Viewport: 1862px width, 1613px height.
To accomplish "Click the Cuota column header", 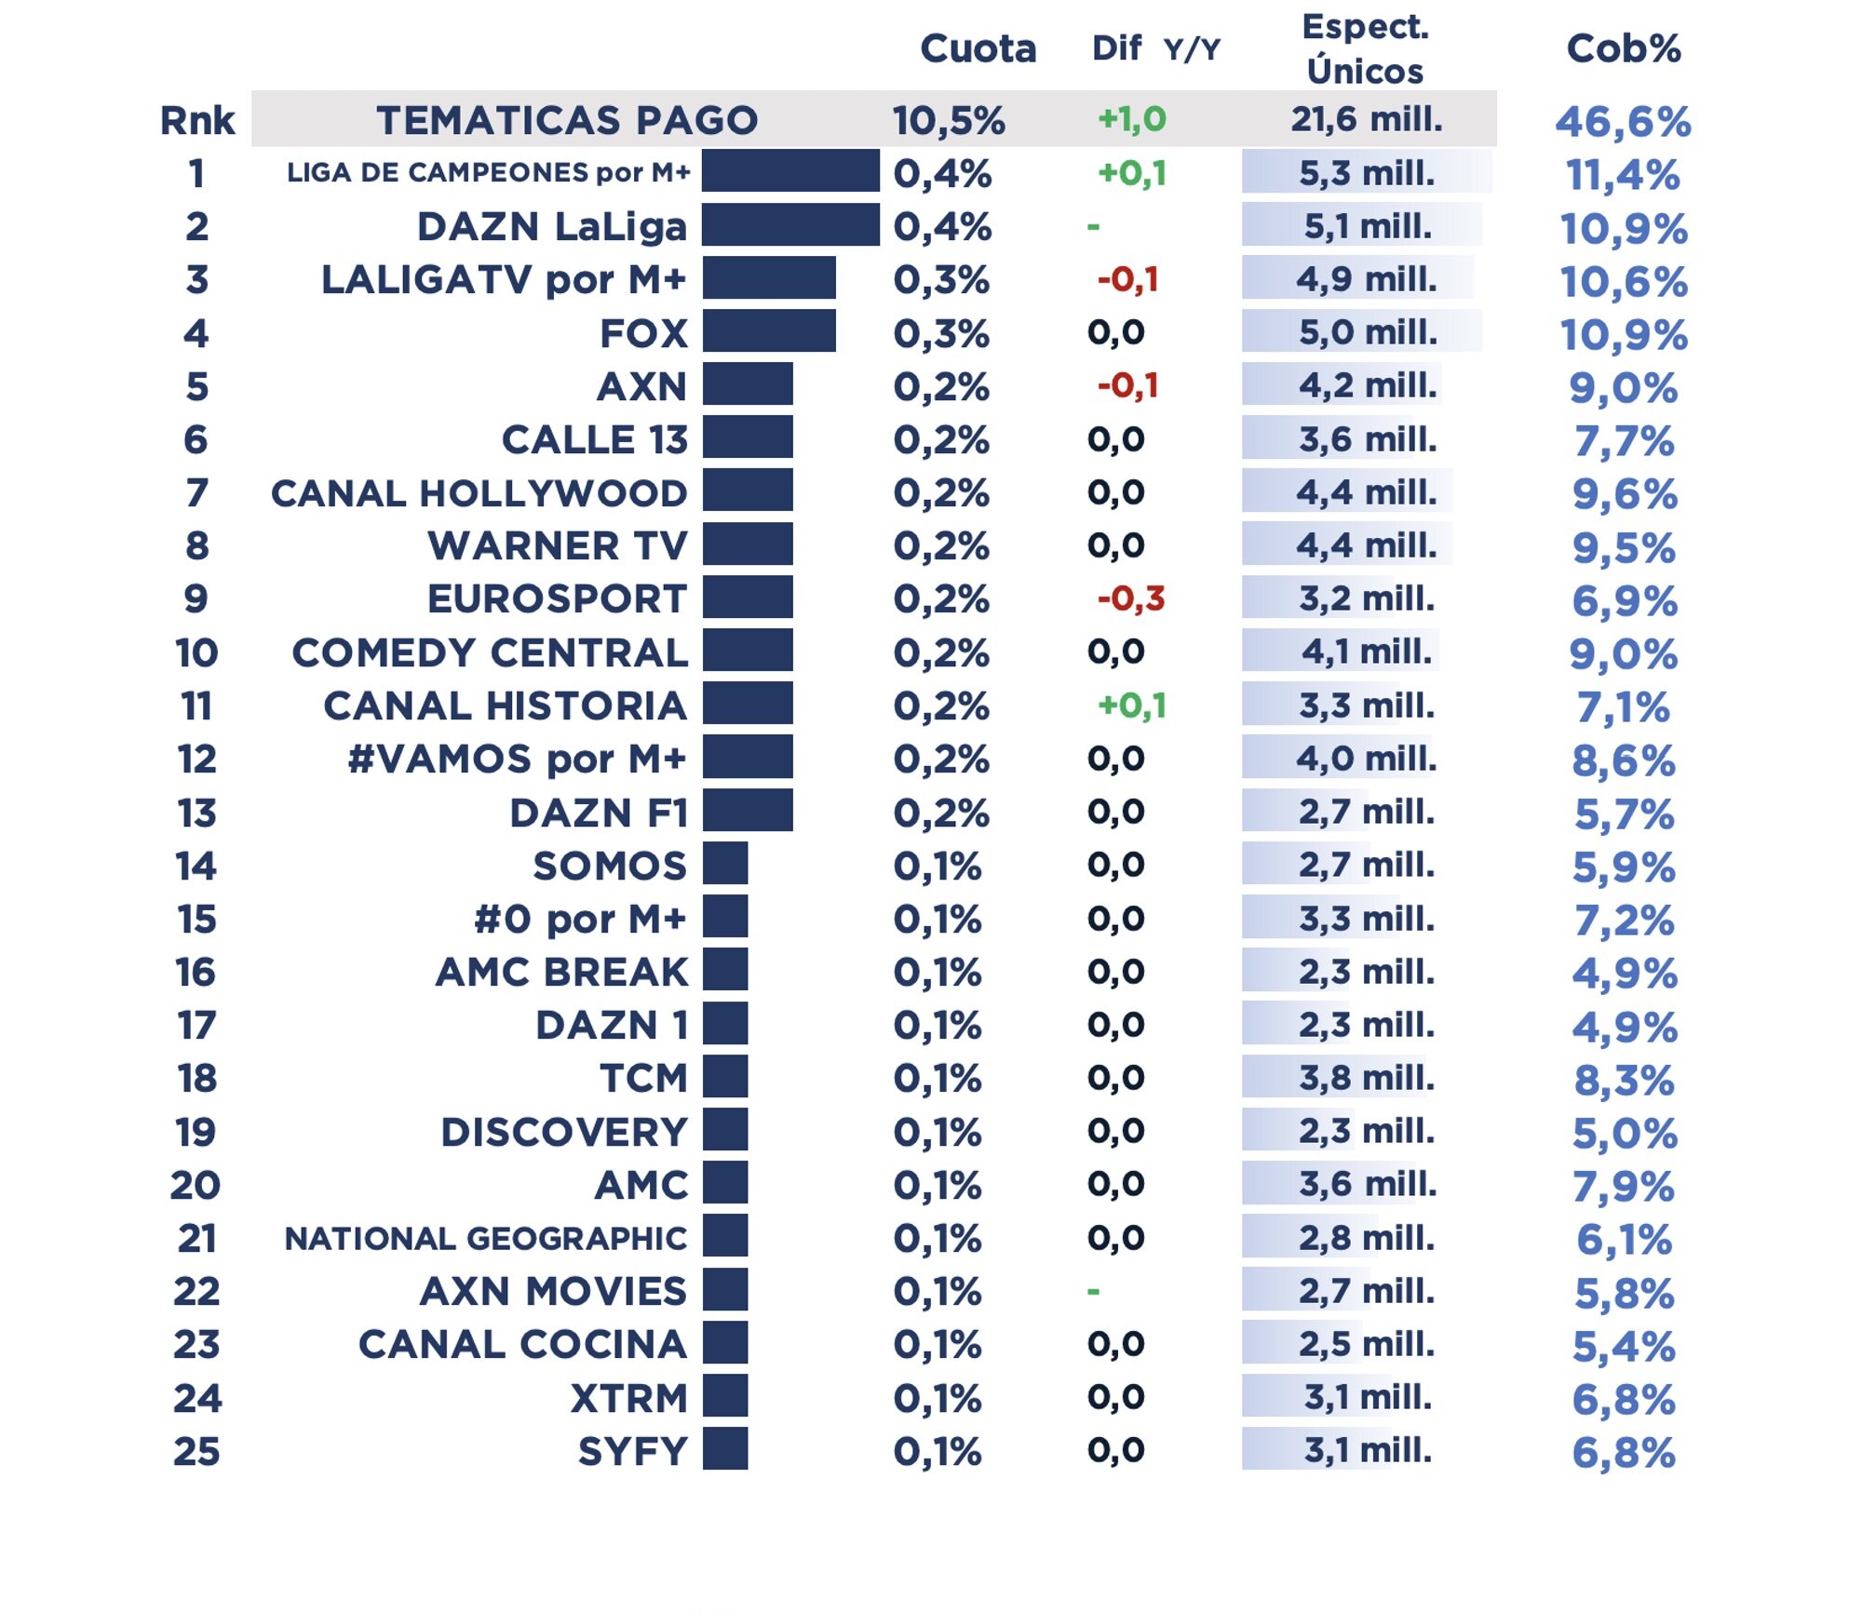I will (978, 48).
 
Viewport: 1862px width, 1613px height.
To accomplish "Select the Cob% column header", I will (1623, 48).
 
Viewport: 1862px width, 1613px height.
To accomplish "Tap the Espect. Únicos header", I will (1365, 48).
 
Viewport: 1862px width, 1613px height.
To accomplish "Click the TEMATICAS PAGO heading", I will (567, 120).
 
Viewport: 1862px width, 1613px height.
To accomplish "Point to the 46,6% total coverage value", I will (1623, 122).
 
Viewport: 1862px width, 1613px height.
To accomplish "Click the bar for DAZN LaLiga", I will (790, 225).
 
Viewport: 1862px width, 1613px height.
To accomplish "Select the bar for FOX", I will (769, 332).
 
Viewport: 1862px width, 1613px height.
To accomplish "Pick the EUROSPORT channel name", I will (557, 598).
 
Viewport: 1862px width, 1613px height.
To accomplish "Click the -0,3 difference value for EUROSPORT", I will (1130, 598).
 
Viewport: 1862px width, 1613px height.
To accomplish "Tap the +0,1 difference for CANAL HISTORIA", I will (1131, 706).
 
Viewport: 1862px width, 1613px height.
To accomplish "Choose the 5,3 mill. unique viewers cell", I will (1366, 173).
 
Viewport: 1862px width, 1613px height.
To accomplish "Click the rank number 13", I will (196, 813).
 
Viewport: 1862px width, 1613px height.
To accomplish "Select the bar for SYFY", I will (725, 1449).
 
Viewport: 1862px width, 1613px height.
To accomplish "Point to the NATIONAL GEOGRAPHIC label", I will (485, 1239).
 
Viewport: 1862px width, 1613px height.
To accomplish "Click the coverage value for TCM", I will (1624, 1081).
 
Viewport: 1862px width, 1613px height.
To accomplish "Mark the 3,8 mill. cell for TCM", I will (1366, 1078).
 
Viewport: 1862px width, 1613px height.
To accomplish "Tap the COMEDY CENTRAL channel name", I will (490, 652).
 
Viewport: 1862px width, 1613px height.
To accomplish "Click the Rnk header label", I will (197, 120).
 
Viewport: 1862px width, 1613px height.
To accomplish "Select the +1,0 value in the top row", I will (1131, 119).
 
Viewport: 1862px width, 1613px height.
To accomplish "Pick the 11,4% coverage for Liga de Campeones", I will (1623, 175).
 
